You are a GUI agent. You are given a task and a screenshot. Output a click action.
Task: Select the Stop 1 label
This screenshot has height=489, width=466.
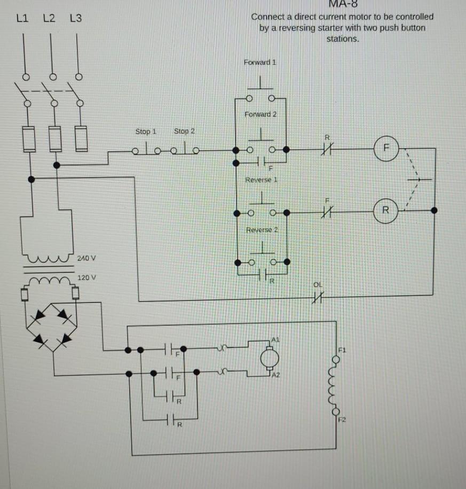(x=146, y=131)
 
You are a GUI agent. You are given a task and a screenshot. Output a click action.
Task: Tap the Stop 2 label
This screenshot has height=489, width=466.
(x=184, y=131)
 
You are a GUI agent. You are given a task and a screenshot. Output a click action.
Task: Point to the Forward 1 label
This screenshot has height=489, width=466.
(x=260, y=62)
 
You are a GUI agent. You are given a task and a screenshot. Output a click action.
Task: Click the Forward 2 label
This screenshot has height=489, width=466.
(x=260, y=114)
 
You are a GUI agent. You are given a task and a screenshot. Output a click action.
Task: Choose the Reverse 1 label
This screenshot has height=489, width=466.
(x=261, y=180)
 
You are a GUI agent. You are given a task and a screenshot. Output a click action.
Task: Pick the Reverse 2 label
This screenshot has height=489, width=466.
(x=262, y=229)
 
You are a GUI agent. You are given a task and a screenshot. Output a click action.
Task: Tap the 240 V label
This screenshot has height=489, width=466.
(x=86, y=258)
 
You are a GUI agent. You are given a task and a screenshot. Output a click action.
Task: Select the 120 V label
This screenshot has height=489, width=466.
(x=86, y=278)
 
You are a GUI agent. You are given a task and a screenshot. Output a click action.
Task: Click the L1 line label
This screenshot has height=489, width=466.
(x=22, y=19)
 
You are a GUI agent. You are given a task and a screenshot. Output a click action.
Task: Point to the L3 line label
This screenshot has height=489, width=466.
(x=76, y=19)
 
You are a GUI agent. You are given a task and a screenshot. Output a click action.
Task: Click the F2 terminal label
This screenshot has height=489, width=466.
(x=343, y=421)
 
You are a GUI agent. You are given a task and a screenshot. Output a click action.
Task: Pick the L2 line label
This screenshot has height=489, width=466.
(x=49, y=19)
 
